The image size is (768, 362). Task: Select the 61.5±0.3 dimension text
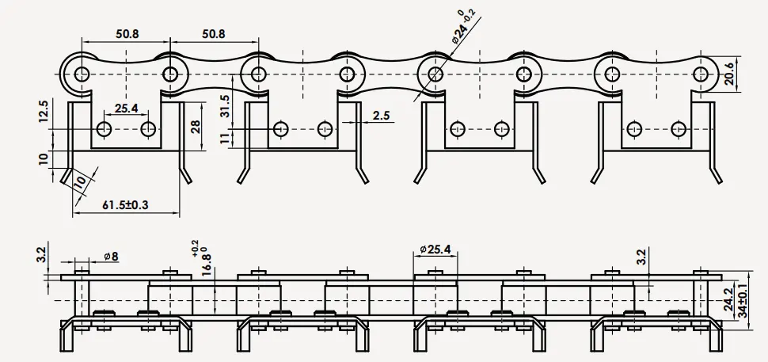pos(126,205)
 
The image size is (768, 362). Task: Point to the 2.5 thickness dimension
pos(381,115)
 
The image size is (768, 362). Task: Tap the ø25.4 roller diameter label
pos(435,250)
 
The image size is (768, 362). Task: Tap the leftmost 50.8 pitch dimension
pos(126,34)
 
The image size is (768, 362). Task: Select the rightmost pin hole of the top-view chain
pos(700,74)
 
